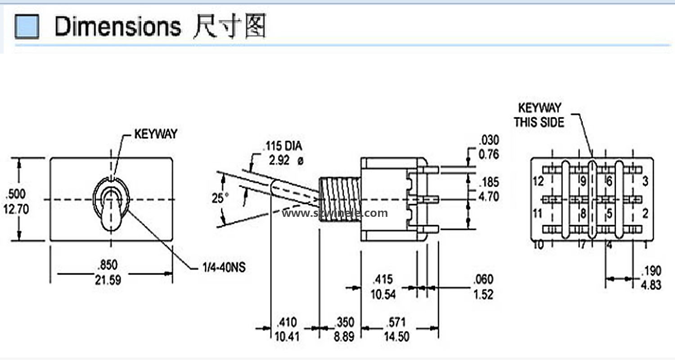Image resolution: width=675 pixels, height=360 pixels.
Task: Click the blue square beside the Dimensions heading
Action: (27, 27)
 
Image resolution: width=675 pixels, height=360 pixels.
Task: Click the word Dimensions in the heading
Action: (117, 27)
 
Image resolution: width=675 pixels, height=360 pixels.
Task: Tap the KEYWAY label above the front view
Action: (156, 134)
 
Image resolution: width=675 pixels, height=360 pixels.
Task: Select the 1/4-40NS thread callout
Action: (224, 268)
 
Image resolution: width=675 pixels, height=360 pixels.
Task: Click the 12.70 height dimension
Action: (16, 210)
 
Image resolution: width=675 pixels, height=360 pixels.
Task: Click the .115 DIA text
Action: (283, 146)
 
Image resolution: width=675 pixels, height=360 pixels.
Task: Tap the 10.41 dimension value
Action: (286, 336)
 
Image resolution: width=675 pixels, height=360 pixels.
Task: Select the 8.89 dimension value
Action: (344, 336)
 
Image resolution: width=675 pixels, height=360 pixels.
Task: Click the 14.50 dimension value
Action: (396, 336)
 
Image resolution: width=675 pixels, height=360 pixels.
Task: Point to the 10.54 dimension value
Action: (383, 294)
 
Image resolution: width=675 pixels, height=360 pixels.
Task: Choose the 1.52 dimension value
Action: (483, 294)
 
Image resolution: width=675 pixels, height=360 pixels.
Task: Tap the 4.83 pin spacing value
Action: (651, 285)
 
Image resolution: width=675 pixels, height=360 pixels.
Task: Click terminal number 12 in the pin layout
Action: (538, 181)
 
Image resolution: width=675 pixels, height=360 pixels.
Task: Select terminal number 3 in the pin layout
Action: (645, 181)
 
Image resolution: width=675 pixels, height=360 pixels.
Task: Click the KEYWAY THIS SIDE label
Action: (539, 115)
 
